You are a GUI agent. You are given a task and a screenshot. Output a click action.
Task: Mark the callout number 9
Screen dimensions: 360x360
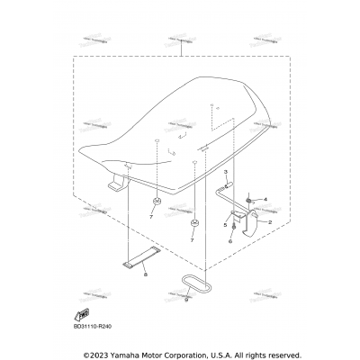(186, 300)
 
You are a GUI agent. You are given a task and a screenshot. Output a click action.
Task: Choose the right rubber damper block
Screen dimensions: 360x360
(194, 220)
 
